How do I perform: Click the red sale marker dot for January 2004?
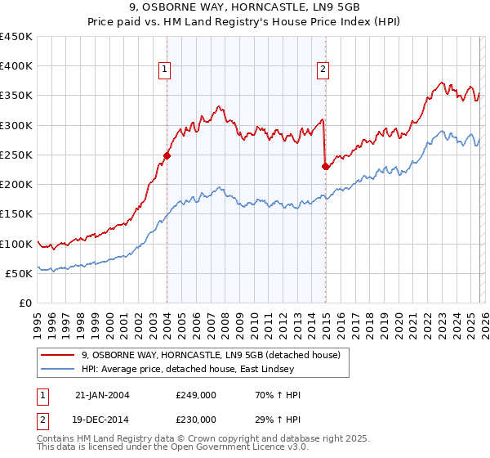tap(167, 155)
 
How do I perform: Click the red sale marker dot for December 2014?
tap(325, 166)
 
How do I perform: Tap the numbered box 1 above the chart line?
tap(165, 70)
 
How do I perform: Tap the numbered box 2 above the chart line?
tap(323, 70)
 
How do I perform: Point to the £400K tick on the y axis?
tap(16, 66)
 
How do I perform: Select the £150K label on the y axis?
tap(16, 214)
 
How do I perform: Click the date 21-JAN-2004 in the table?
tap(102, 395)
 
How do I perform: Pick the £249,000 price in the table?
tap(196, 395)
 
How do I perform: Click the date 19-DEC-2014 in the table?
tap(102, 419)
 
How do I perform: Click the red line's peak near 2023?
tap(441, 83)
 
